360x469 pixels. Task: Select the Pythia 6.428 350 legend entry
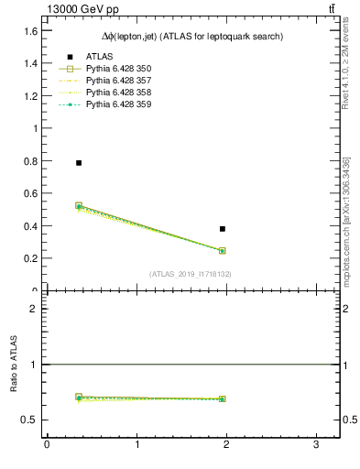[118, 70]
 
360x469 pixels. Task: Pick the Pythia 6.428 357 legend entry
[118, 82]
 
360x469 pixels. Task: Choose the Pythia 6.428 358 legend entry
[118, 93]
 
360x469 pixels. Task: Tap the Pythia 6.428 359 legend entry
[118, 105]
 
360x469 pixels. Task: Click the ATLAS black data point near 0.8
[79, 163]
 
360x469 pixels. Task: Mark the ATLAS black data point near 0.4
[223, 229]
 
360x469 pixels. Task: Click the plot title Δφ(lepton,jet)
[191, 37]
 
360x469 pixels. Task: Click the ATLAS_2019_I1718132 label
[191, 274]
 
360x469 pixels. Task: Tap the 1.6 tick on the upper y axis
[30, 31]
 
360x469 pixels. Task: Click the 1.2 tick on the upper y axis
[30, 96]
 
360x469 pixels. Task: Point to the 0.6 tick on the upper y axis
[30, 193]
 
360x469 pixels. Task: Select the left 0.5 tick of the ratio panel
[30, 420]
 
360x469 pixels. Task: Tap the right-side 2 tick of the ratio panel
[349, 309]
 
